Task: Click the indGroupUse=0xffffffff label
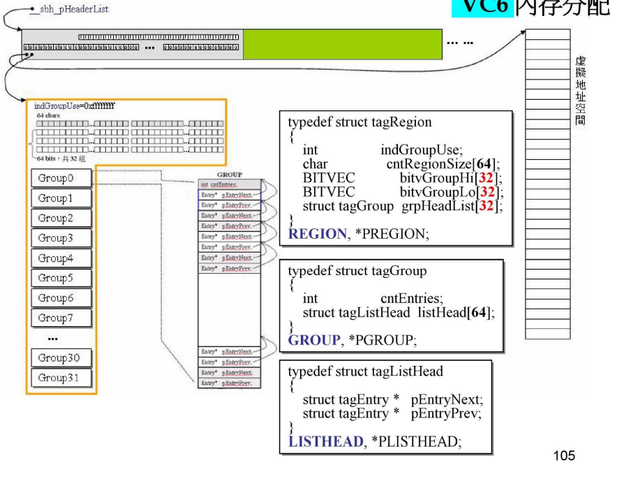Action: (x=75, y=106)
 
